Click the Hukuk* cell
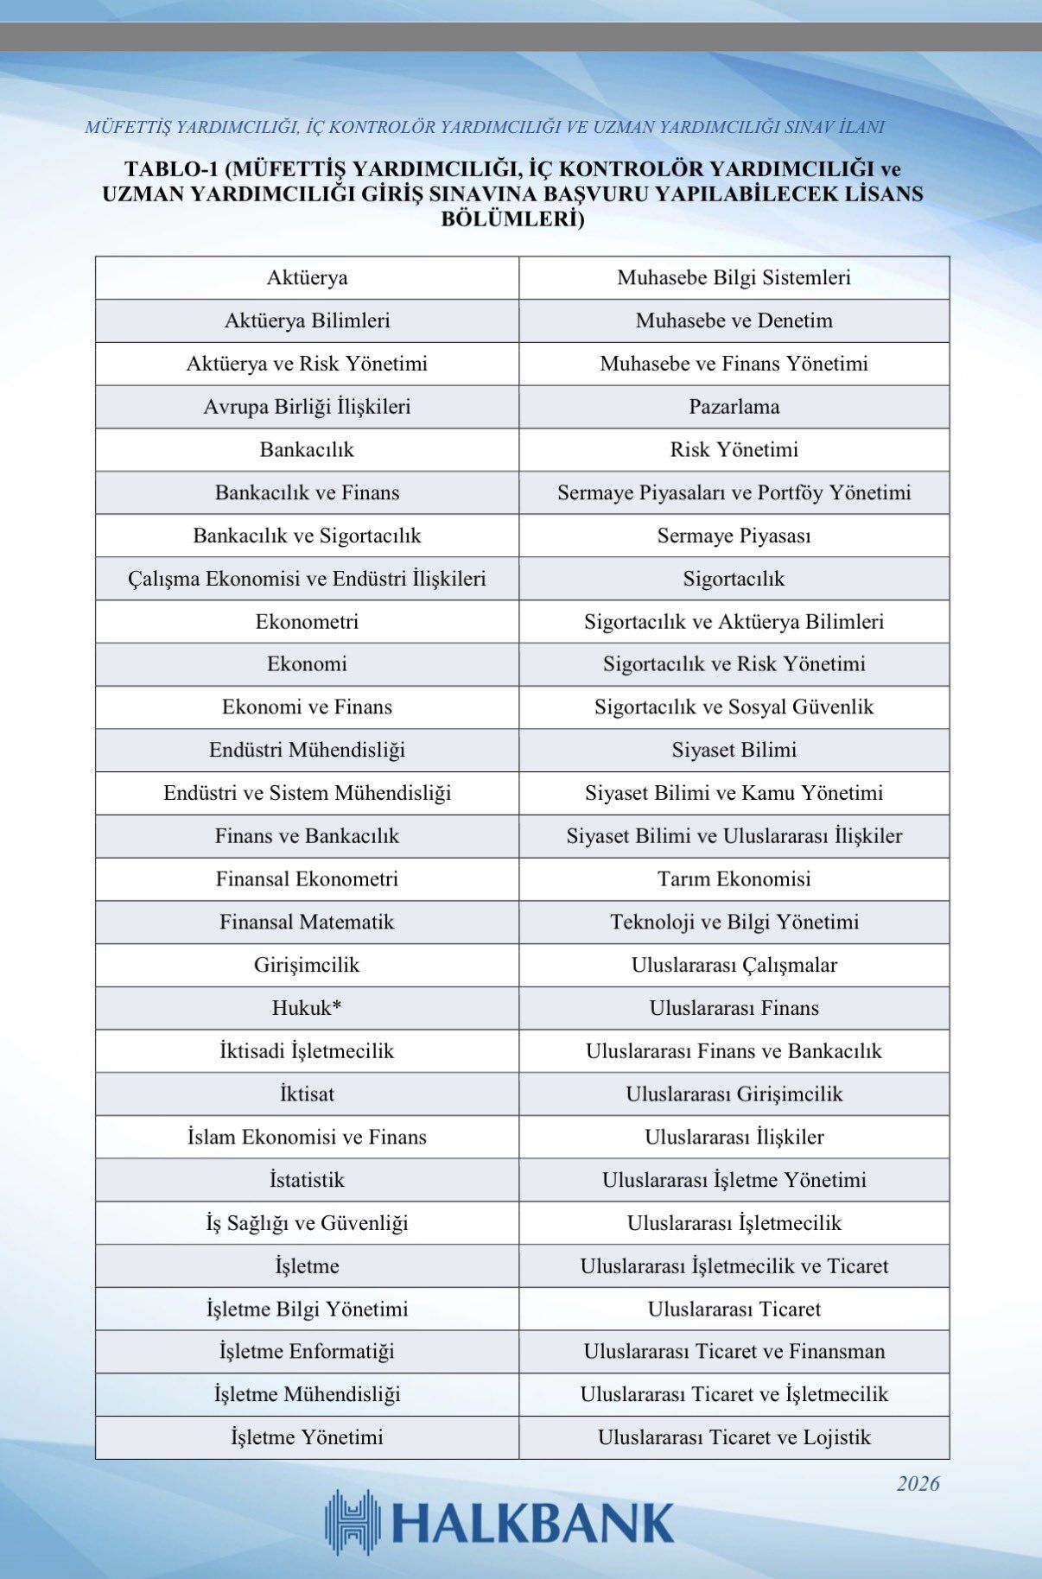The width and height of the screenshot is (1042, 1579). pyautogui.click(x=307, y=1008)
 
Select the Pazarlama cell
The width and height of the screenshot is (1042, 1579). pyautogui.click(x=734, y=407)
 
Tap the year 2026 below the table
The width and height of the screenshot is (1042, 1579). pyautogui.click(x=917, y=1484)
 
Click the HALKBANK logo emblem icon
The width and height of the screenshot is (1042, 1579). pyautogui.click(x=353, y=1523)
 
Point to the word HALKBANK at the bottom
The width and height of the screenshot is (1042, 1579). pyautogui.click(x=532, y=1524)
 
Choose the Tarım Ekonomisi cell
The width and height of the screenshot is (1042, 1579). pyautogui.click(x=734, y=879)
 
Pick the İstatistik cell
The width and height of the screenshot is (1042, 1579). pyautogui.click(x=307, y=1180)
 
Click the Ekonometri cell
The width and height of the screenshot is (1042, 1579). pyautogui.click(x=307, y=622)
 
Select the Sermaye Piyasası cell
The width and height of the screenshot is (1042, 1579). pyautogui.click(x=734, y=536)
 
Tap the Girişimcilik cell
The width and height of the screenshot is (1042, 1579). pyautogui.click(x=307, y=965)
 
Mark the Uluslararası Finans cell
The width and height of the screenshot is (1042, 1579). pyautogui.click(x=734, y=1008)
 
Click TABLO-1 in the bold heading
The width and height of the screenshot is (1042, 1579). pyautogui.click(x=169, y=168)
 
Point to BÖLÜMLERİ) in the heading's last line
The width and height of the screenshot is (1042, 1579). pyautogui.click(x=512, y=219)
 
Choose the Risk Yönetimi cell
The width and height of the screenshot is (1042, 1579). pyautogui.click(x=734, y=450)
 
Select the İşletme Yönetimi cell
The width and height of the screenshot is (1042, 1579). pyautogui.click(x=307, y=1437)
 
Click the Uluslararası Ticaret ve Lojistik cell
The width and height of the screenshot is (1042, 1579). pyautogui.click(x=734, y=1437)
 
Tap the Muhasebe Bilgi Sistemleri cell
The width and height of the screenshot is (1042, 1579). pyautogui.click(x=734, y=278)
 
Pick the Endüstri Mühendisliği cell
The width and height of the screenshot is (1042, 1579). pyautogui.click(x=307, y=750)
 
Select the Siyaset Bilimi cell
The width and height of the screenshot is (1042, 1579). pyautogui.click(x=734, y=750)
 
